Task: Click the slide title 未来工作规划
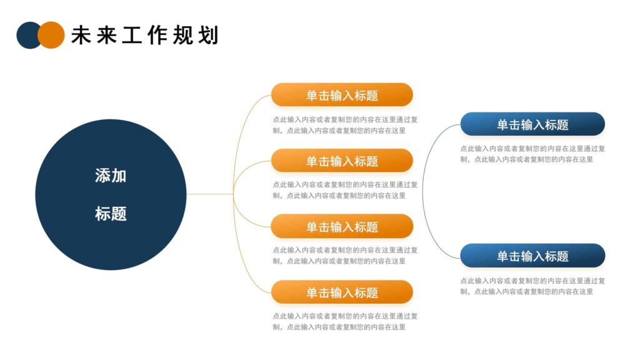(145, 35)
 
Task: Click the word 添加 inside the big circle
(111, 176)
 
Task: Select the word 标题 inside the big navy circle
(111, 214)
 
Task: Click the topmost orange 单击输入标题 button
(342, 95)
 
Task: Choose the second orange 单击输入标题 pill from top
(342, 161)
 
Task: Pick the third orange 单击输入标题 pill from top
(342, 226)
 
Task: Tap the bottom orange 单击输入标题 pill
(342, 292)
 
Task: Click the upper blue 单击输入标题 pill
(532, 124)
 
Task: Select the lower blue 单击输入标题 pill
(532, 256)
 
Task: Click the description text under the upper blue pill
(532, 154)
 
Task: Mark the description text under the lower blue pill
(532, 286)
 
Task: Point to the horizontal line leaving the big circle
(209, 194)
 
